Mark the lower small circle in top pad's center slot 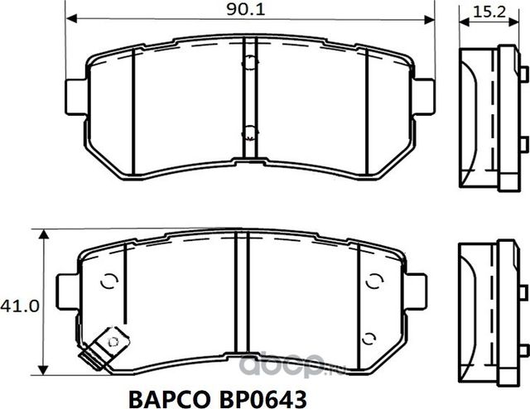249,128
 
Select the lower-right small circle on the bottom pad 369,336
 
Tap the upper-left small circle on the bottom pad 106,281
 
